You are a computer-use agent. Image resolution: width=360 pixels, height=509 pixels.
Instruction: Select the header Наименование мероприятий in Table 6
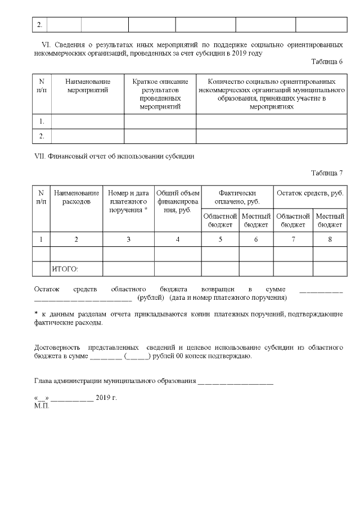(x=88, y=85)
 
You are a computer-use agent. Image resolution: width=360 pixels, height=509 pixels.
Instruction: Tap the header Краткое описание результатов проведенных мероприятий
(x=160, y=93)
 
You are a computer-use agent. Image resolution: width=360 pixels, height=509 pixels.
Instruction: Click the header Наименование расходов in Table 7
(x=76, y=197)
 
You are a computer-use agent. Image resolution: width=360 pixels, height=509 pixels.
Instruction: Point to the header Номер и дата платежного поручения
(x=128, y=201)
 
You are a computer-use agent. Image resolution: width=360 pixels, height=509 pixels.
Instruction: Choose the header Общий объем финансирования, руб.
(x=178, y=201)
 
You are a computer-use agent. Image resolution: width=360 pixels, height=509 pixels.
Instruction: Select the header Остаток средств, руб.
(x=310, y=193)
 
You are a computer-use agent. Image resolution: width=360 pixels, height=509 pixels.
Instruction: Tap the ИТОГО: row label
(x=65, y=269)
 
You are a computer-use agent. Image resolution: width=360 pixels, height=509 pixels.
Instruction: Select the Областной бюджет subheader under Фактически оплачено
(x=220, y=220)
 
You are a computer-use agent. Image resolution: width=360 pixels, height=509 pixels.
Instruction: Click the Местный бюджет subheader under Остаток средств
(x=330, y=220)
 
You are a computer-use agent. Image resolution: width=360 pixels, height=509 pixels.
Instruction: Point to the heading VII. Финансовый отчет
(x=115, y=156)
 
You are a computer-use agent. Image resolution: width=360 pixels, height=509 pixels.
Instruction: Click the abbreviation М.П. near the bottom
(x=42, y=406)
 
